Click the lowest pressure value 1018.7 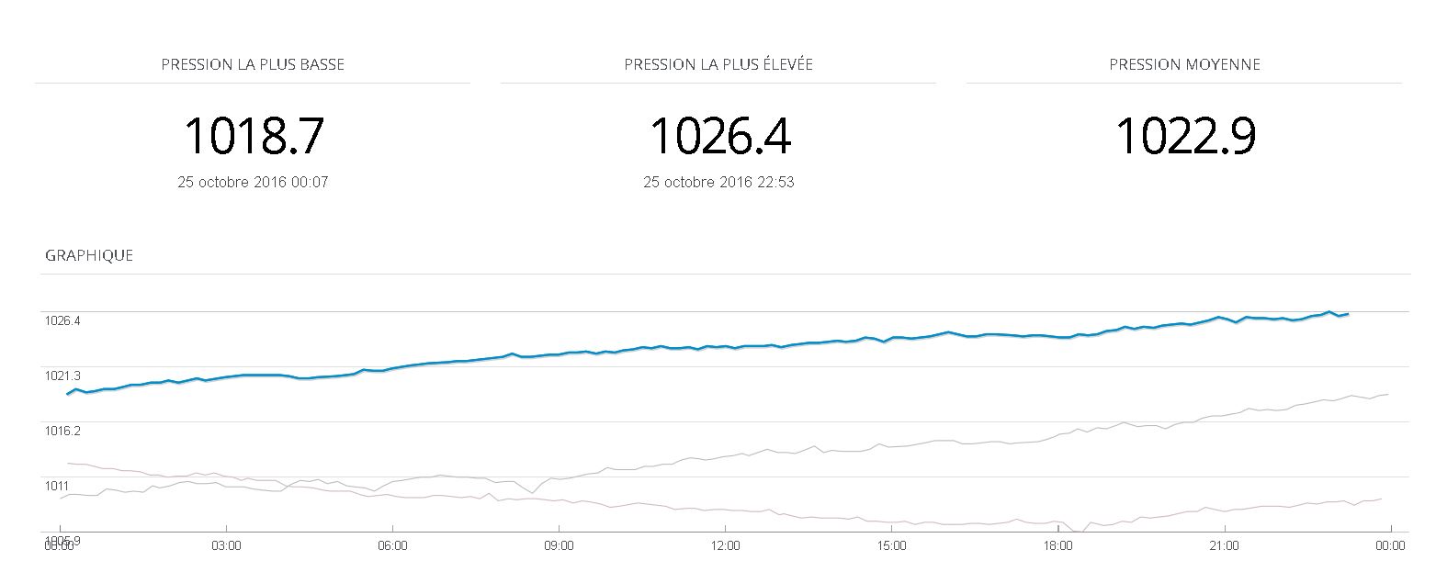(254, 136)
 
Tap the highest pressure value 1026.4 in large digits (719, 136)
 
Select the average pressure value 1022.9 (1184, 136)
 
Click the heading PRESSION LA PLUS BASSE (253, 65)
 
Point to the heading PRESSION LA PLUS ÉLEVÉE (718, 65)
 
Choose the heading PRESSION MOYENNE (1184, 65)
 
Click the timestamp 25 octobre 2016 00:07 (253, 182)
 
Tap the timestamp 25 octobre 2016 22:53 (718, 182)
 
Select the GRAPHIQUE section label (89, 256)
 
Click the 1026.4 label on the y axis (62, 321)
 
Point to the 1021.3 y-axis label (62, 376)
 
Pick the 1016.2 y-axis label (62, 431)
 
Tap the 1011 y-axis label (57, 486)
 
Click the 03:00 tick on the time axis (226, 545)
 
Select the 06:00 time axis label (392, 545)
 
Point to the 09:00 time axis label (559, 545)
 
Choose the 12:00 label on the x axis (725, 545)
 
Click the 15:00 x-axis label (891, 545)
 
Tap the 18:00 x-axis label (1057, 545)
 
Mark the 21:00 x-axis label (1225, 545)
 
